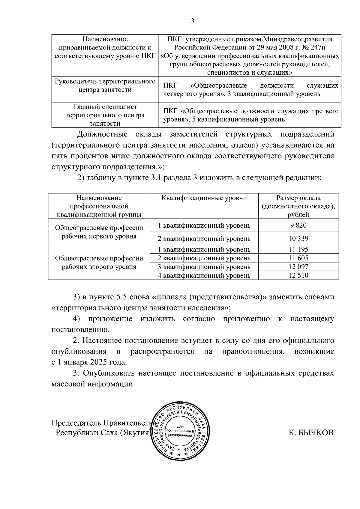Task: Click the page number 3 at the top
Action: [193, 21]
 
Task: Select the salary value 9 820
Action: [298, 225]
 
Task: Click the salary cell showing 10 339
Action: [298, 239]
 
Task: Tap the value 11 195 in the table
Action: [298, 249]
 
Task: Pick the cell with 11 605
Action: [298, 258]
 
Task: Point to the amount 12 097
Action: [298, 267]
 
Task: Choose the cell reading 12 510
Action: [298, 275]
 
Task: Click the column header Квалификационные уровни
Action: [204, 198]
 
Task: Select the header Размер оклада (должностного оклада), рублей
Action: [298, 206]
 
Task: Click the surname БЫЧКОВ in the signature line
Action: [311, 433]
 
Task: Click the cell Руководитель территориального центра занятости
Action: [105, 85]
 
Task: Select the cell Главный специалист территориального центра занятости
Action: [105, 115]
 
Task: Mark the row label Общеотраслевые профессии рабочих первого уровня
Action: [99, 232]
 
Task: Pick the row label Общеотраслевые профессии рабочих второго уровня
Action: [99, 262]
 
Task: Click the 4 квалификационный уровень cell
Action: [204, 275]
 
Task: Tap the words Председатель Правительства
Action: [102, 423]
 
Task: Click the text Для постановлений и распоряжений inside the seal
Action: [180, 431]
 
